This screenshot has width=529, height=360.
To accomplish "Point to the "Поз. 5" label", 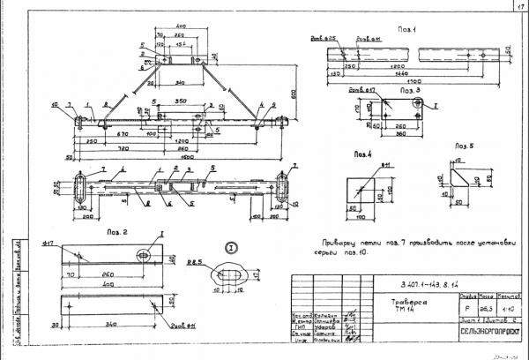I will [465, 145].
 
